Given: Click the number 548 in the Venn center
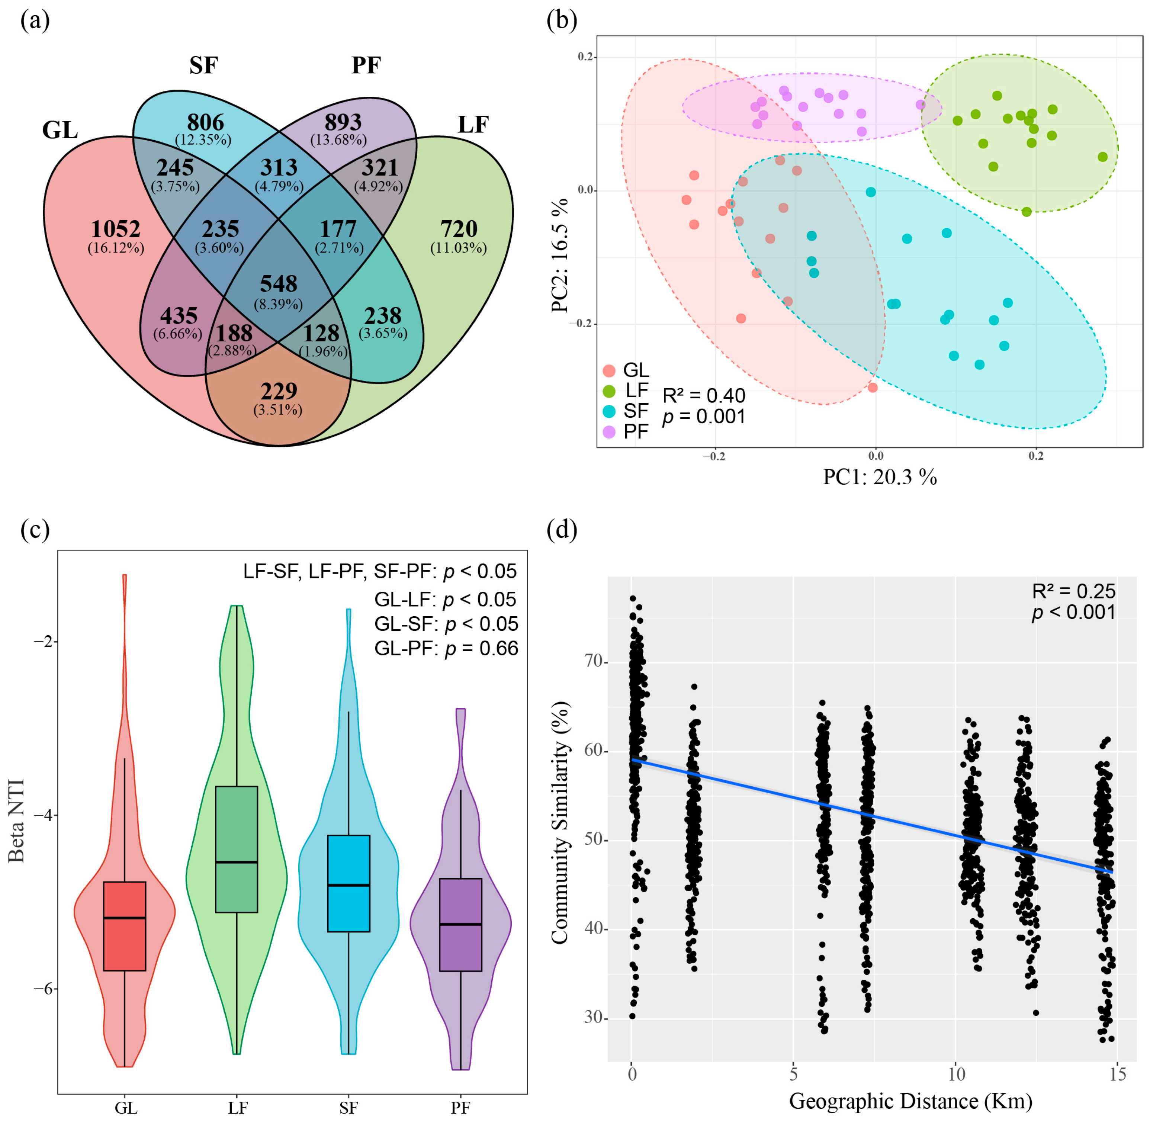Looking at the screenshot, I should (x=279, y=284).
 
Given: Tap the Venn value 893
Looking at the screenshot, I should (x=343, y=122).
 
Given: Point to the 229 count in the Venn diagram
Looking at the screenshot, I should (x=279, y=391).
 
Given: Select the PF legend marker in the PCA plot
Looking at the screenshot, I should (x=609, y=431).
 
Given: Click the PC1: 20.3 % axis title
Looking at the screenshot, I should (x=880, y=476).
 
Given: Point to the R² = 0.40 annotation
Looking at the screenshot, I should (x=704, y=395).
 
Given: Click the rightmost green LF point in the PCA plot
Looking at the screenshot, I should (x=1102, y=157).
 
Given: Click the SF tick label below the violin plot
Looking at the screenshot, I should (x=348, y=1108).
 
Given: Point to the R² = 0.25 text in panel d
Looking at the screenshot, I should (x=1073, y=591).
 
